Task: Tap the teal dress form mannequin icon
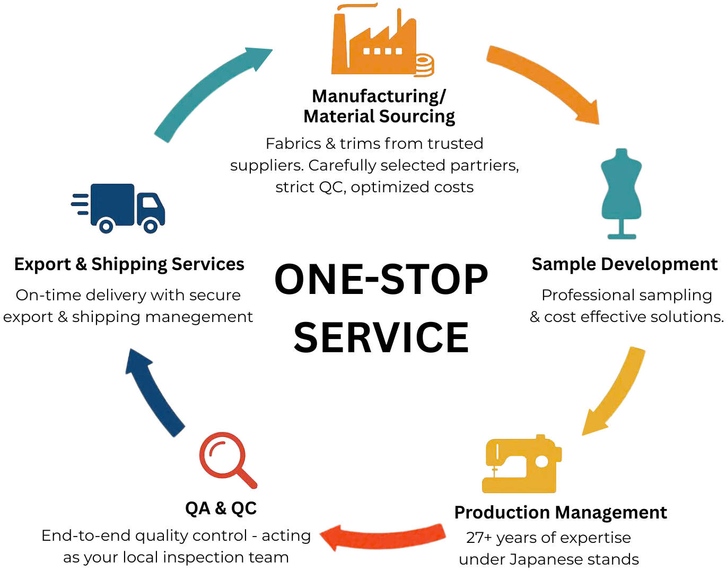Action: [621, 193]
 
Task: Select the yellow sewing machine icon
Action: [521, 465]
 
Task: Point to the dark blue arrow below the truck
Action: [154, 392]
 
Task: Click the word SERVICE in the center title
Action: [381, 337]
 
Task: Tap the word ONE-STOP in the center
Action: [381, 280]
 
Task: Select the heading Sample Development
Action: [624, 264]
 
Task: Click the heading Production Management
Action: [561, 512]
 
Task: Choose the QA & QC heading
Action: [221, 508]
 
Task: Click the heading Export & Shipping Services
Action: [129, 264]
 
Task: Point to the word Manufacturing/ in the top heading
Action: [379, 96]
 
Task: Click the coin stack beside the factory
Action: [424, 66]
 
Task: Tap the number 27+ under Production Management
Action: [479, 538]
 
